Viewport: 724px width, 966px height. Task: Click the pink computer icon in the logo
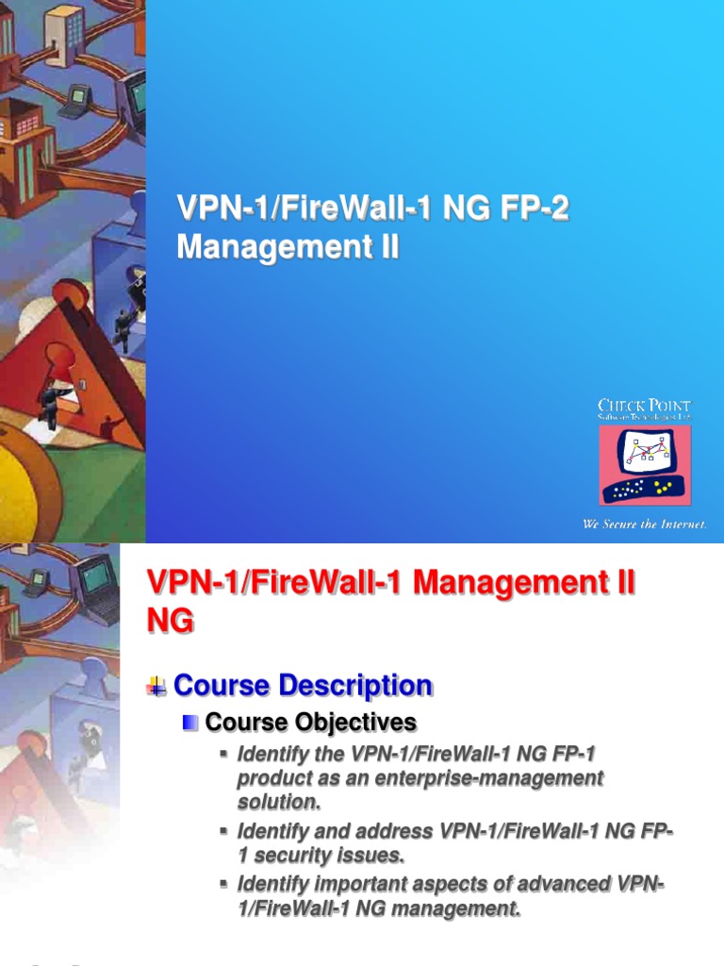point(645,464)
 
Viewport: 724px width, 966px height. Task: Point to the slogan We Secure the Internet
point(644,524)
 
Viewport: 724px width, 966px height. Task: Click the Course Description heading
point(304,686)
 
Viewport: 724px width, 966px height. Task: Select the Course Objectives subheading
point(310,723)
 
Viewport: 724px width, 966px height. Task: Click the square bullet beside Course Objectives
point(190,723)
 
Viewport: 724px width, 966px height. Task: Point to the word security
point(298,856)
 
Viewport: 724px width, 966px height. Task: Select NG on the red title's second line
point(171,621)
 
